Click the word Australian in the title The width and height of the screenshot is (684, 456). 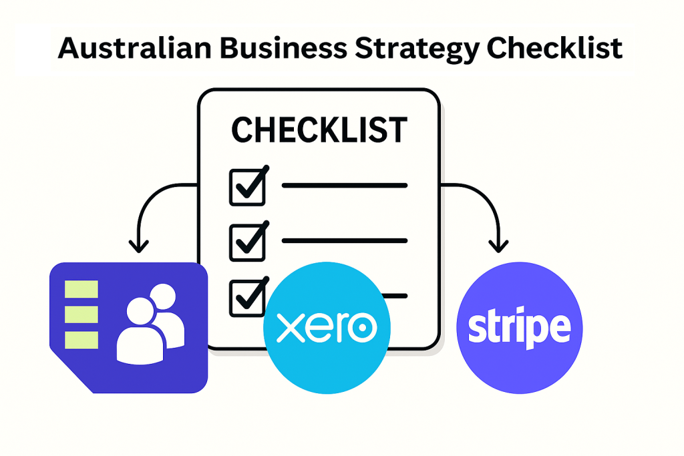(135, 47)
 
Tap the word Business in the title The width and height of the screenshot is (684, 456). (283, 47)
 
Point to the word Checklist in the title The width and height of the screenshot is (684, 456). (554, 47)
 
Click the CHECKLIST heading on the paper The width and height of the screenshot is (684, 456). (319, 130)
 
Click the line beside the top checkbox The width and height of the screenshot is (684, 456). (345, 186)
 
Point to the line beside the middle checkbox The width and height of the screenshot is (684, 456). (345, 240)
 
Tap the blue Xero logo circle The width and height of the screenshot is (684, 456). (327, 328)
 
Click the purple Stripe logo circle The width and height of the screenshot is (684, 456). (520, 328)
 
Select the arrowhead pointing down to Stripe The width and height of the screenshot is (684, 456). (498, 247)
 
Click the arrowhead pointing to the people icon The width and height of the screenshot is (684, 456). (139, 247)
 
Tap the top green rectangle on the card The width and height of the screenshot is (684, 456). (81, 289)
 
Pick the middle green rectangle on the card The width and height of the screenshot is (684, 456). (81, 314)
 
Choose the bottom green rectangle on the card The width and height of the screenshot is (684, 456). (81, 340)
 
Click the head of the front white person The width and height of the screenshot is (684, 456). (140, 311)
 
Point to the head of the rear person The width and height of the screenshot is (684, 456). (163, 296)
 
